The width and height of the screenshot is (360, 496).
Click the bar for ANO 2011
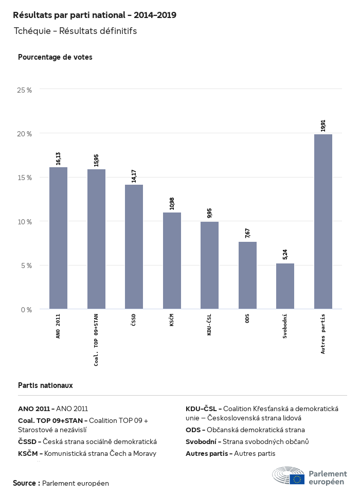click(x=58, y=238)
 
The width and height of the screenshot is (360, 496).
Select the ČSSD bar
click(x=134, y=246)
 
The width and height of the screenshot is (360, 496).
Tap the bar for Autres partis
click(x=323, y=221)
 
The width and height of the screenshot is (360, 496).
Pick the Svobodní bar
click(x=285, y=286)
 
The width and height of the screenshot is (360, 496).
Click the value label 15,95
click(x=96, y=160)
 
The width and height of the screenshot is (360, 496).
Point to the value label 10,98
click(x=172, y=203)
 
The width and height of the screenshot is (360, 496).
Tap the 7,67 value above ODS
click(x=247, y=233)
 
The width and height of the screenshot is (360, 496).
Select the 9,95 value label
click(x=209, y=213)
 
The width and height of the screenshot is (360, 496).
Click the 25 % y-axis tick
click(x=25, y=90)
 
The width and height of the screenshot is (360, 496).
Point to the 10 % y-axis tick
click(x=25, y=221)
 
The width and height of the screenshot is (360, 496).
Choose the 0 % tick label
click(x=26, y=309)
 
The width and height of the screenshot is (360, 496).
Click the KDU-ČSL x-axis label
click(x=209, y=325)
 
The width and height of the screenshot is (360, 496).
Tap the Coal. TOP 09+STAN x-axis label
click(x=96, y=340)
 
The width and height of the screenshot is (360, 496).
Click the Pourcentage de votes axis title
click(x=55, y=57)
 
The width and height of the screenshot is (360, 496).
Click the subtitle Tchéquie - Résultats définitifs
click(x=75, y=31)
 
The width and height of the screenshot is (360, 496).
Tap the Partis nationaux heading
click(x=45, y=385)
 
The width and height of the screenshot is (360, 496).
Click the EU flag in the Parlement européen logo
click(x=297, y=480)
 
